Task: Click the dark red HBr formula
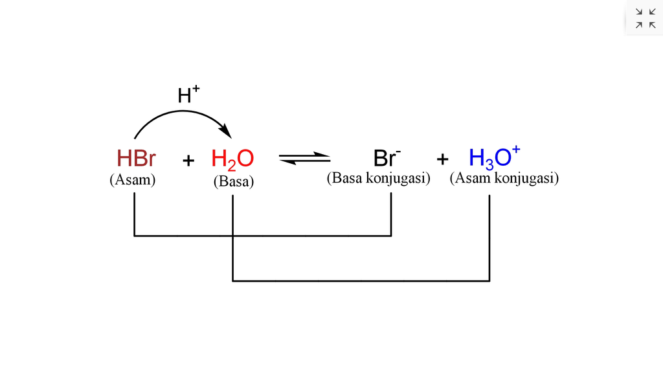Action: (136, 159)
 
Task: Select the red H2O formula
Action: (232, 159)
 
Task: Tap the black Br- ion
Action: (387, 159)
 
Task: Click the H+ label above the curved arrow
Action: (188, 95)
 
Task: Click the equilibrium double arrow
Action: (304, 158)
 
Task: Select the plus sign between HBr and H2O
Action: (188, 160)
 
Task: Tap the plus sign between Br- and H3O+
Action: (442, 159)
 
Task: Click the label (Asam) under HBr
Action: (133, 180)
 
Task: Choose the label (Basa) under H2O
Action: (233, 182)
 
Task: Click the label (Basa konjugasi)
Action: (378, 177)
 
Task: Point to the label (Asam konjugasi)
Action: (504, 177)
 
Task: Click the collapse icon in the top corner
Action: (645, 18)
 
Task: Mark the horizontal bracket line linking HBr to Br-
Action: (262, 236)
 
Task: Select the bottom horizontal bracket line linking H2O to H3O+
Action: (361, 281)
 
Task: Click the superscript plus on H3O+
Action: (516, 151)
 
